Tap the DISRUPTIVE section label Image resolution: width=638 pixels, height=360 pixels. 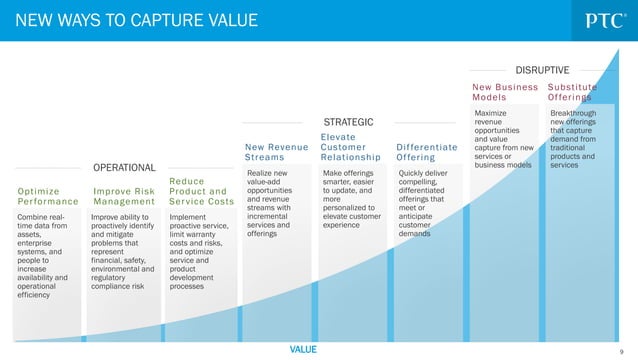[x=542, y=70]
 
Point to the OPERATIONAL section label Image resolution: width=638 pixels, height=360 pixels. [x=124, y=167]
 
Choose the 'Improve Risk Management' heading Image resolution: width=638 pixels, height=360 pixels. [x=124, y=195]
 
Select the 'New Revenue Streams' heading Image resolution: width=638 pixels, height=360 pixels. [x=275, y=151]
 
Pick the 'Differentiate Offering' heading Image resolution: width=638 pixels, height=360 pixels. [x=427, y=151]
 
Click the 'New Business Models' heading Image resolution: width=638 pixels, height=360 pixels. [x=505, y=92]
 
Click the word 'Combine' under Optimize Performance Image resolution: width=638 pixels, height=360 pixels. [x=34, y=216]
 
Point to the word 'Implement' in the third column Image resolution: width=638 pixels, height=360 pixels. [x=189, y=216]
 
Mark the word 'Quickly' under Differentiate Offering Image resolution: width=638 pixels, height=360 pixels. [x=413, y=172]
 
